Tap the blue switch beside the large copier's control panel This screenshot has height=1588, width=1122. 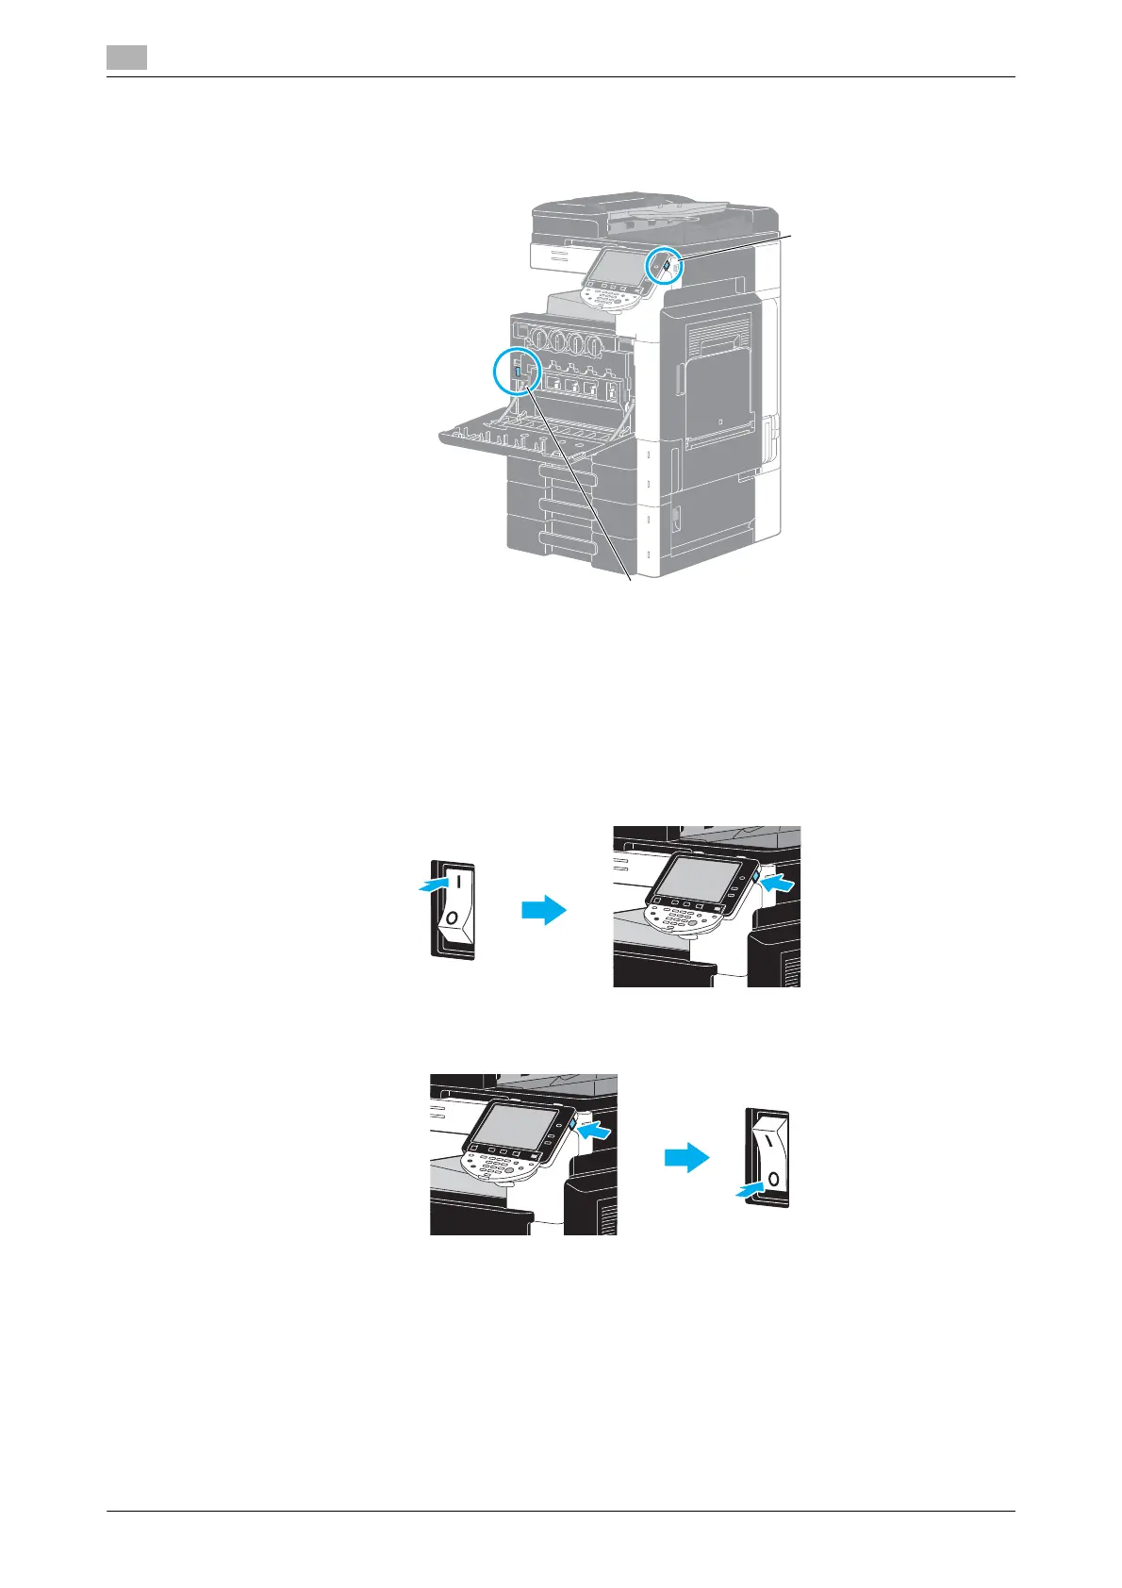[666, 267]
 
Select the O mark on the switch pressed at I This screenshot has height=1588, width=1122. [453, 918]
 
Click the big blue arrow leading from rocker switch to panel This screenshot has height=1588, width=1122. [544, 910]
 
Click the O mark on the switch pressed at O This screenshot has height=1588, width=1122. [771, 1178]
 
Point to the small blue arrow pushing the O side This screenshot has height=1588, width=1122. [751, 1192]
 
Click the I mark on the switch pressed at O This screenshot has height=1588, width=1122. [768, 1140]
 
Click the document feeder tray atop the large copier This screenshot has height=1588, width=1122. [651, 215]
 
